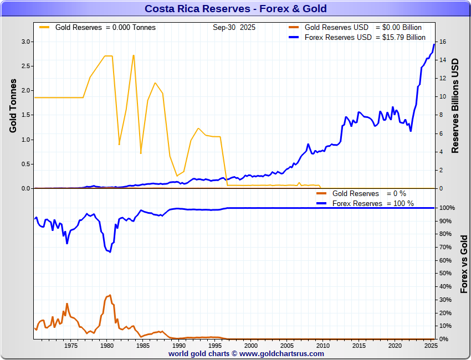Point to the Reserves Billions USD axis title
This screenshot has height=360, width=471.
point(456,105)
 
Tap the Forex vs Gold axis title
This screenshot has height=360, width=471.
point(464,264)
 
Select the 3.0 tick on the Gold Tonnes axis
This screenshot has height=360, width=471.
point(26,42)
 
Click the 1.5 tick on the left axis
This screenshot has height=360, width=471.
point(26,115)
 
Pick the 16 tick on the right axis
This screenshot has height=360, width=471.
point(442,42)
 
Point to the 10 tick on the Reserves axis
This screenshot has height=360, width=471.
point(442,96)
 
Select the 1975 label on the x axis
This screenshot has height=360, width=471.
point(70,346)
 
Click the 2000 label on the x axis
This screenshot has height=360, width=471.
point(250,346)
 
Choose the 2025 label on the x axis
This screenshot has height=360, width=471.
point(431,346)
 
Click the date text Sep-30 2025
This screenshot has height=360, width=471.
point(234,27)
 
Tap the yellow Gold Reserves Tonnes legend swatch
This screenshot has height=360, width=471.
point(44,27)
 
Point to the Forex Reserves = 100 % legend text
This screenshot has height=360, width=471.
point(373,203)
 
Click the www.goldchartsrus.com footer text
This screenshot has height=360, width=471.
point(281,353)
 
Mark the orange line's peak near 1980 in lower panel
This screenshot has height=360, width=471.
point(110,295)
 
